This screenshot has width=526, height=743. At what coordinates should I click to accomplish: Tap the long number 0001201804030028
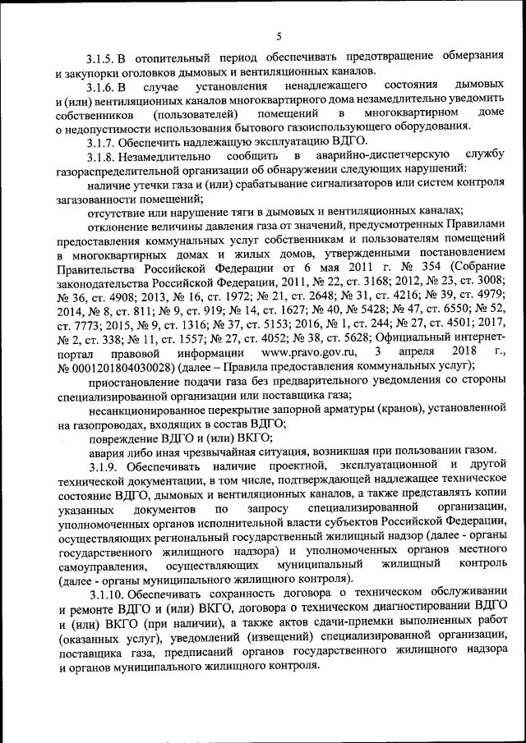click(x=123, y=366)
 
